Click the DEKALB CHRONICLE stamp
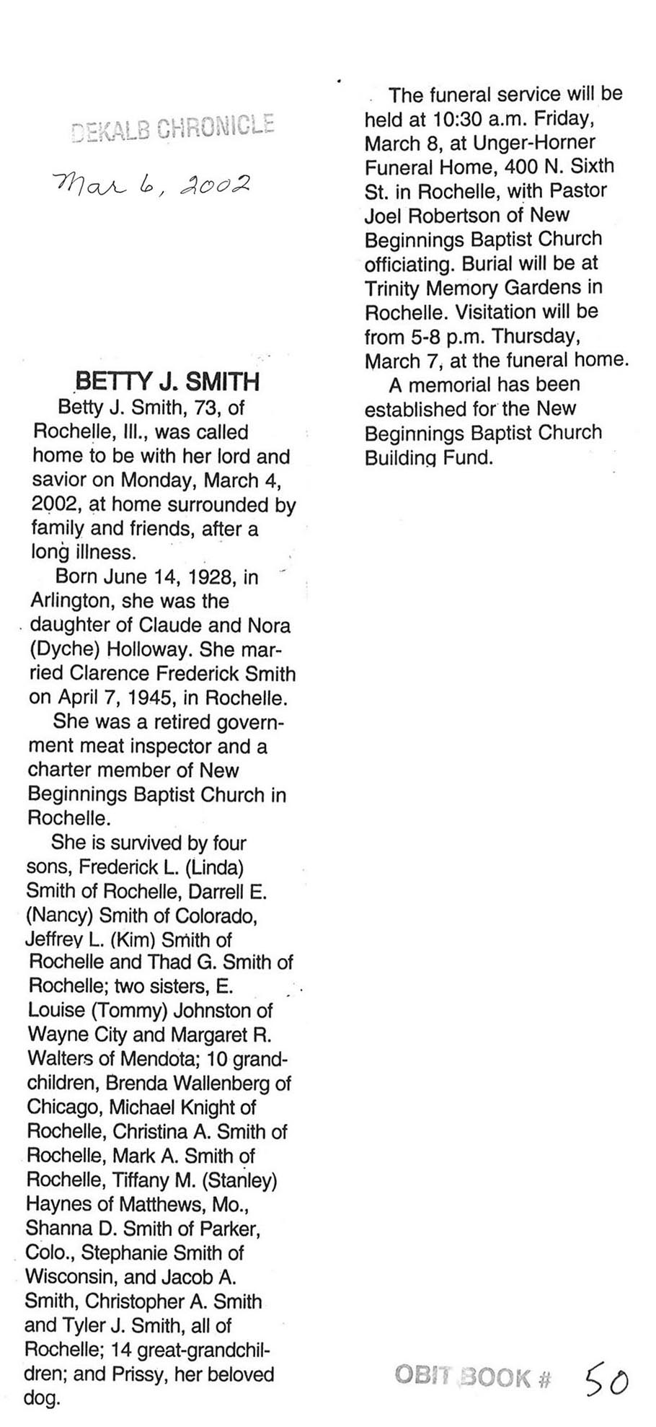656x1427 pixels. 173,127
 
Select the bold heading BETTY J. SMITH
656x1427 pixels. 167,382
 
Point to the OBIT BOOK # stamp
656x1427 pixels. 472,1376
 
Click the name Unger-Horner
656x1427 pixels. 515,142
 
